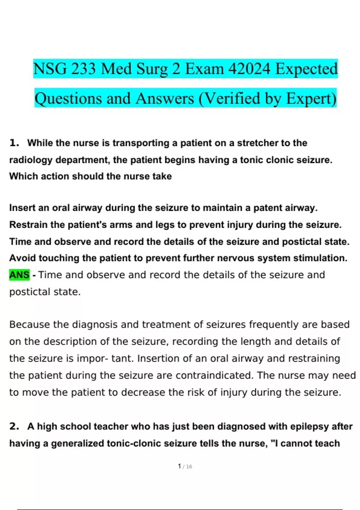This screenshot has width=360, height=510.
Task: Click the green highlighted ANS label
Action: click(19, 275)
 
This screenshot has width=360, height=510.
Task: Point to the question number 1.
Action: click(14, 143)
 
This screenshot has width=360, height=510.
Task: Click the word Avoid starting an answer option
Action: click(22, 258)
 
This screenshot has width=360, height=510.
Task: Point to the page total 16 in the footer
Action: click(189, 466)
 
